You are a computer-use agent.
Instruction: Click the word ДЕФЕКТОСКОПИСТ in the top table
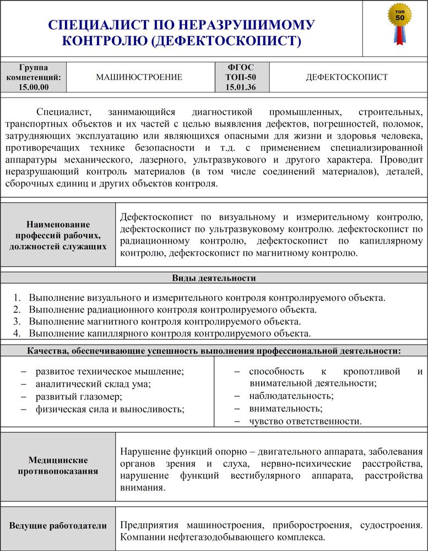click(x=346, y=77)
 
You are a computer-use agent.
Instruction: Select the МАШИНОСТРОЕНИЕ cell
click(x=139, y=77)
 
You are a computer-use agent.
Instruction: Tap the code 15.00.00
click(x=34, y=87)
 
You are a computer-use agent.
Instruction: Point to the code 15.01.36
click(x=241, y=87)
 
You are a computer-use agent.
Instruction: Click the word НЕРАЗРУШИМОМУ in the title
click(x=246, y=25)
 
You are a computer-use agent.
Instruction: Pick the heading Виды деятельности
click(x=214, y=278)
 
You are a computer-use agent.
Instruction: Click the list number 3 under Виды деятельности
click(x=17, y=321)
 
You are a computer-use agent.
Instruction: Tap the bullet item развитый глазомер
click(x=79, y=396)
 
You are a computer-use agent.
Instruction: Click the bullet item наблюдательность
click(x=291, y=396)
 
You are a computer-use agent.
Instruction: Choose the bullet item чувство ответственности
click(x=305, y=422)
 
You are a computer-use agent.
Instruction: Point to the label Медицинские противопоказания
click(x=58, y=465)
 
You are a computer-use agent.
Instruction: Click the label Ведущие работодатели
click(x=58, y=526)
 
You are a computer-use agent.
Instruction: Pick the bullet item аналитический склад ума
click(x=93, y=384)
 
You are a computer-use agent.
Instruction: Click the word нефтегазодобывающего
click(x=215, y=537)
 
